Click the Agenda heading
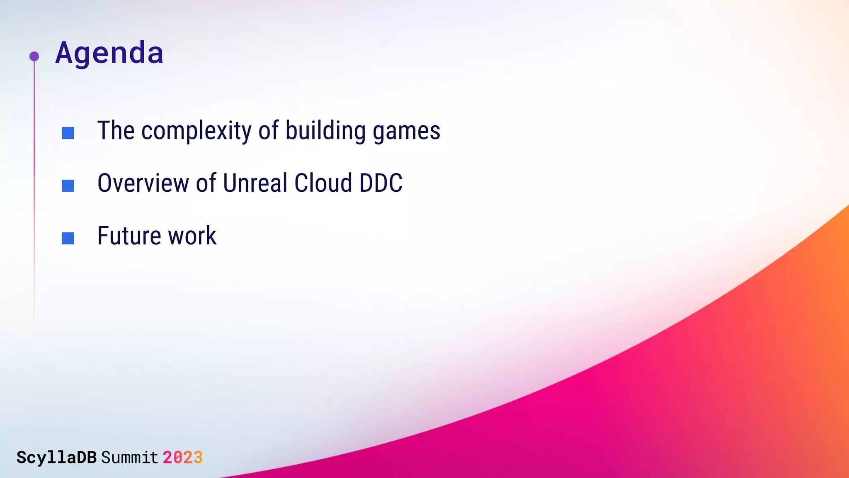click(x=109, y=53)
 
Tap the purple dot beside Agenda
click(x=34, y=56)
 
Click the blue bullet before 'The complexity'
click(x=68, y=133)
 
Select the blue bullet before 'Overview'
click(x=68, y=185)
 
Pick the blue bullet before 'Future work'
click(x=68, y=238)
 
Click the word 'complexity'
click(x=196, y=131)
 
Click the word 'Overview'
click(x=143, y=183)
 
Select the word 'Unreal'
click(x=255, y=183)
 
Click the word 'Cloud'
click(x=323, y=183)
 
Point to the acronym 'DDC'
click(x=381, y=183)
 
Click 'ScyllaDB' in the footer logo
click(x=56, y=457)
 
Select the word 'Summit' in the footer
click(x=129, y=457)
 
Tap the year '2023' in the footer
click(x=182, y=457)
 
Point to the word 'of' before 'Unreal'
click(x=206, y=183)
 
